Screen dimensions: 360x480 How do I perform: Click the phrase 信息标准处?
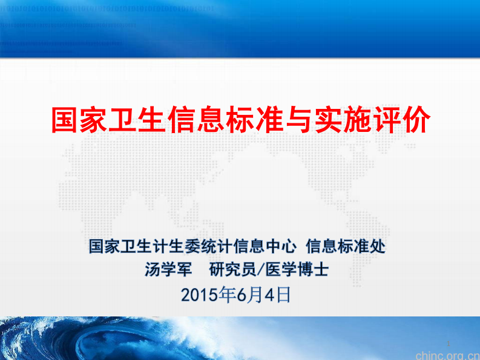pyautogui.click(x=346, y=246)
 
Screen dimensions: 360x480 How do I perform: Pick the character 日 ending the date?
pyautogui.click(x=283, y=295)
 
